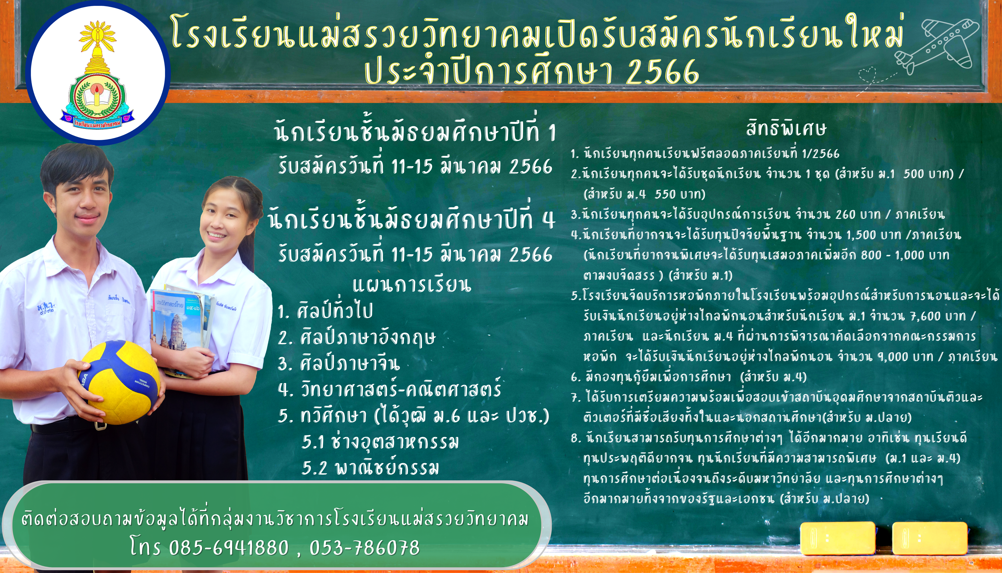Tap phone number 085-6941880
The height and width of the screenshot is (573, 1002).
click(x=229, y=547)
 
